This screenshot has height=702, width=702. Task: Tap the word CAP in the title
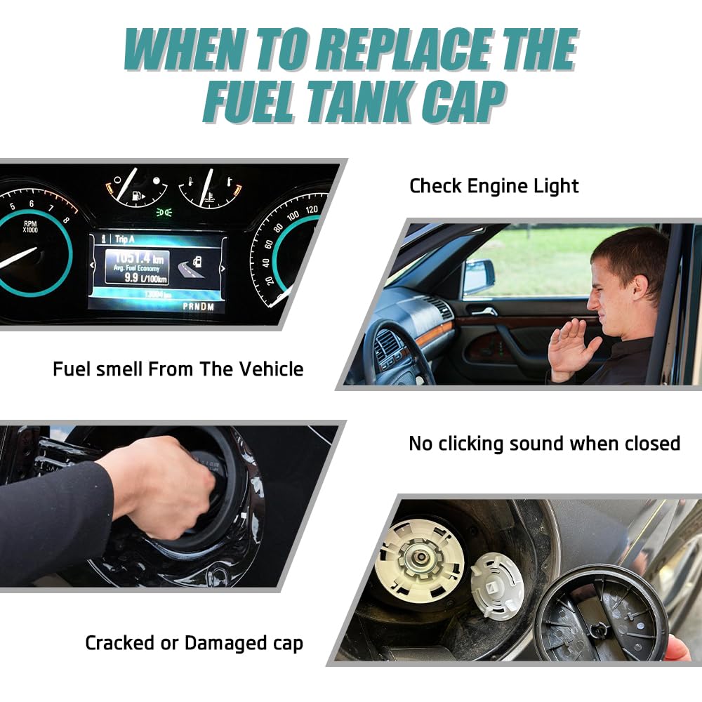click(463, 103)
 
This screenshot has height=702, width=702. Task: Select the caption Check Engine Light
click(494, 186)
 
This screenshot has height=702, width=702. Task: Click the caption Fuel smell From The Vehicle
click(178, 369)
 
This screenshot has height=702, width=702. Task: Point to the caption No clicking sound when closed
click(544, 444)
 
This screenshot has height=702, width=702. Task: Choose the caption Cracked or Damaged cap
click(194, 642)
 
